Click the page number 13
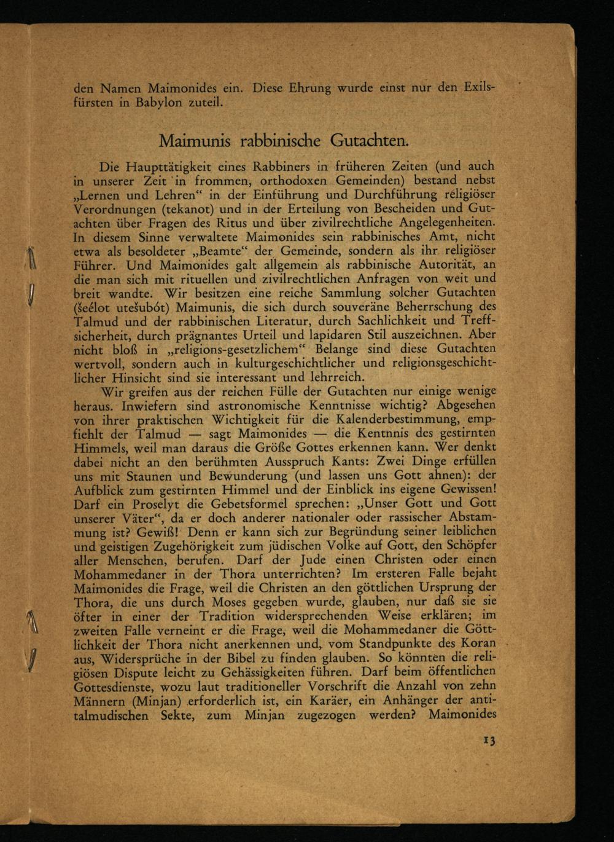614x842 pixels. point(489,740)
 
